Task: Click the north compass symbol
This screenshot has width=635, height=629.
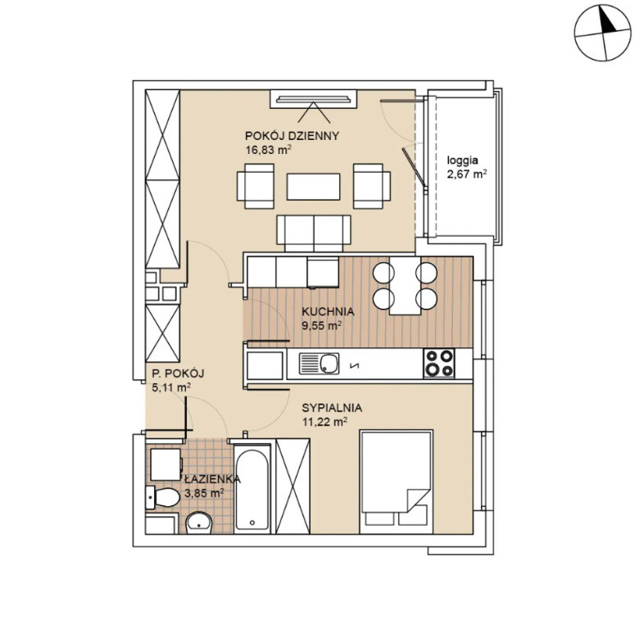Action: coord(602,33)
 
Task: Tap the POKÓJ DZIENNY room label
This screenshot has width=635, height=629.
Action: coord(292,136)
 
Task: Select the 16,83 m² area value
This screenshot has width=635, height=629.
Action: coord(269,150)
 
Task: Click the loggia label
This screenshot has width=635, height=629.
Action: coord(462,161)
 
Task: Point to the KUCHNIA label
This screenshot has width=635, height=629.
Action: coord(328,312)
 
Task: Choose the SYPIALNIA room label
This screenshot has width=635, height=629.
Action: coord(332,408)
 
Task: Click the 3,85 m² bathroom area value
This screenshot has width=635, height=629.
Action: coord(204,493)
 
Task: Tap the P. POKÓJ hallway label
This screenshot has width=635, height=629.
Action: coord(177,373)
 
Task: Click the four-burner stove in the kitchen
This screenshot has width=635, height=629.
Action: coord(439,363)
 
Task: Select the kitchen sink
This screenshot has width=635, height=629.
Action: coord(319,364)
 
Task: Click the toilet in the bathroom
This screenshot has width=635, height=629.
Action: coord(163,497)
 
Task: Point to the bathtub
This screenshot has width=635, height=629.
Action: coord(252,489)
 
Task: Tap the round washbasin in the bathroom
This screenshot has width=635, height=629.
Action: coord(198,523)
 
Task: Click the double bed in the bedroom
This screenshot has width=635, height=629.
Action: coord(396,482)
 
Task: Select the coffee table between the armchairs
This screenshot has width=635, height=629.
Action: coord(314,187)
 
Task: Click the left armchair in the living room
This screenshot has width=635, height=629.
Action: coord(256,186)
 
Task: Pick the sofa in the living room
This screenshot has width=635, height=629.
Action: coord(314,233)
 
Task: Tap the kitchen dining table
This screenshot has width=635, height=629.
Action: coord(405,286)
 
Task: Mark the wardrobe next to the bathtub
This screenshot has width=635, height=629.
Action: coord(293,486)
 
